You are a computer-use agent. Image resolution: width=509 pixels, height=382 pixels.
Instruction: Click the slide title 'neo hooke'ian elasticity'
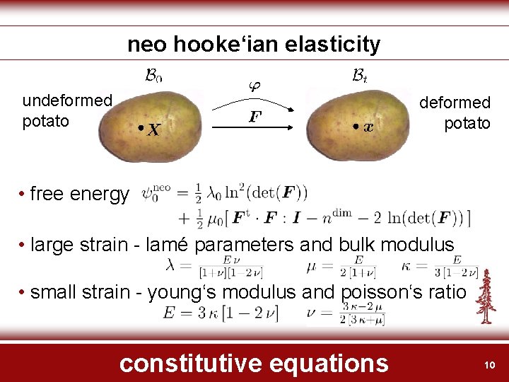254,45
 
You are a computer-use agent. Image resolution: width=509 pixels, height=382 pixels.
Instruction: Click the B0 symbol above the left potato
153,74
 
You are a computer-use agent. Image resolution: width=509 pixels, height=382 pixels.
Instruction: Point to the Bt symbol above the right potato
358,74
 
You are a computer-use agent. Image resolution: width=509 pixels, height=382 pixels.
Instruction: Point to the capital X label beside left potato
152,129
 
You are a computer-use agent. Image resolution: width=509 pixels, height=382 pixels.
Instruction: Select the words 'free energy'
80,194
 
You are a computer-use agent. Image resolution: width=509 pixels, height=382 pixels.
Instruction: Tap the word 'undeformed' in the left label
67,100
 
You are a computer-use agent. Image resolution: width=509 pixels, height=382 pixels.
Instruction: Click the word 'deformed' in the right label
455,103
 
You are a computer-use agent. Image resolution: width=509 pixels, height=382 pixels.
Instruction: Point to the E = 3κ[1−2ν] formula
220,313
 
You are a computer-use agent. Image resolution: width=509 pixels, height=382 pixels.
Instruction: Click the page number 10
487,364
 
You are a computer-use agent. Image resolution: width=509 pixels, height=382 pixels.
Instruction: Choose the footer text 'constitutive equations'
254,363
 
